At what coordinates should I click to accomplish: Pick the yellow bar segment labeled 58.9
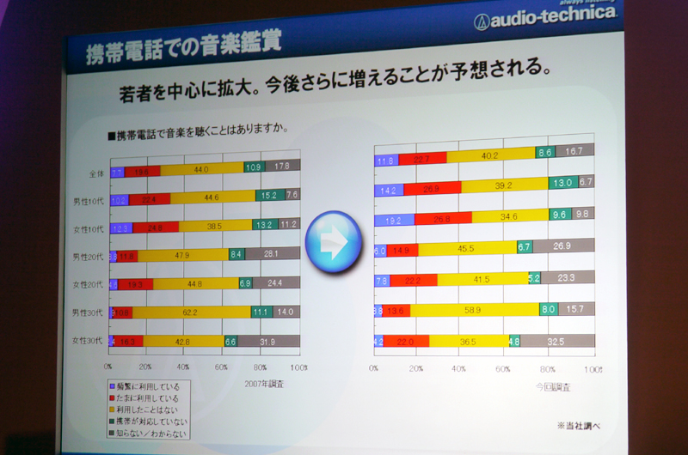coord(472,308)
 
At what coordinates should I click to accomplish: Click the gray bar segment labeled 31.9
coord(267,342)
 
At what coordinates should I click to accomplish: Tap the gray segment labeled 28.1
coord(271,254)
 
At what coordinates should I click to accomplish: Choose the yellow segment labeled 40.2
coord(489,155)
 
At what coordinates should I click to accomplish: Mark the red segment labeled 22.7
coord(421,158)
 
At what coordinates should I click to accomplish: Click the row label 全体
coord(95,173)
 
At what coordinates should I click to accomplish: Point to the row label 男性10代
coord(88,201)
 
